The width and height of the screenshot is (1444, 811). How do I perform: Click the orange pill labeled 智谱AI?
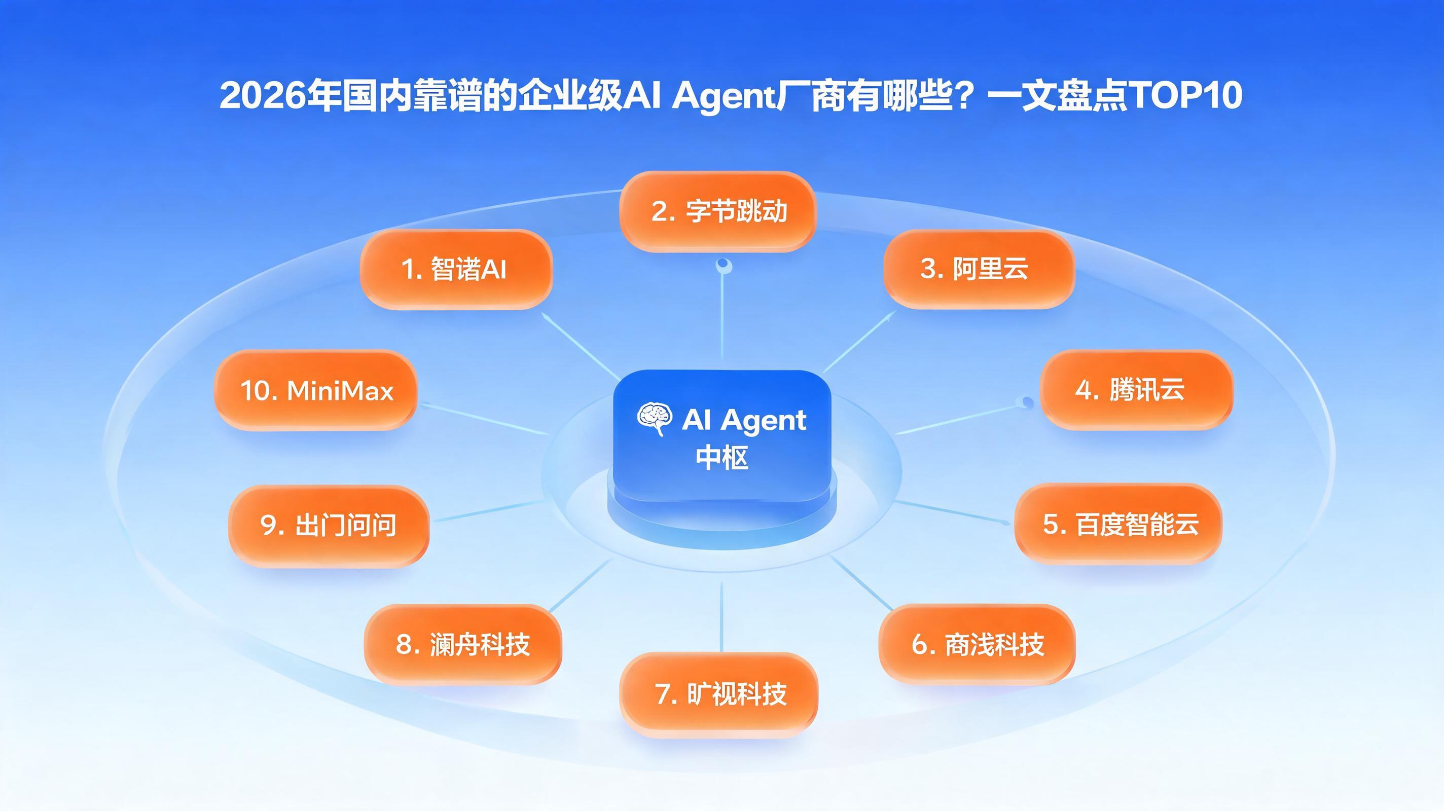(x=456, y=269)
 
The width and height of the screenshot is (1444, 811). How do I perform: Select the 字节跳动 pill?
(x=717, y=211)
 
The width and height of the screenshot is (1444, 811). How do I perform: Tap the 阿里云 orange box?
(x=979, y=269)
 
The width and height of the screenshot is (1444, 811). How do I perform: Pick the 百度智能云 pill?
(x=1118, y=524)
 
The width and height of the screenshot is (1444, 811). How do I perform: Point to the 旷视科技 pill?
(x=718, y=693)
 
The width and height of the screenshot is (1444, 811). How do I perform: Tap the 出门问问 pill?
(x=329, y=526)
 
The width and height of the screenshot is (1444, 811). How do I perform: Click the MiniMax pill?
(x=315, y=390)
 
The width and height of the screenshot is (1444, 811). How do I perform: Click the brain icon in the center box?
(x=654, y=419)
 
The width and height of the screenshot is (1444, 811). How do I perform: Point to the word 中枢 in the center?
(x=722, y=457)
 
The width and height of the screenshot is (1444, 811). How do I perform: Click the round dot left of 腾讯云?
(x=1027, y=402)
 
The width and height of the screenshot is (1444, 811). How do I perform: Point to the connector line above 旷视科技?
(x=721, y=616)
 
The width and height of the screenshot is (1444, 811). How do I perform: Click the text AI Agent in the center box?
(x=744, y=420)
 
